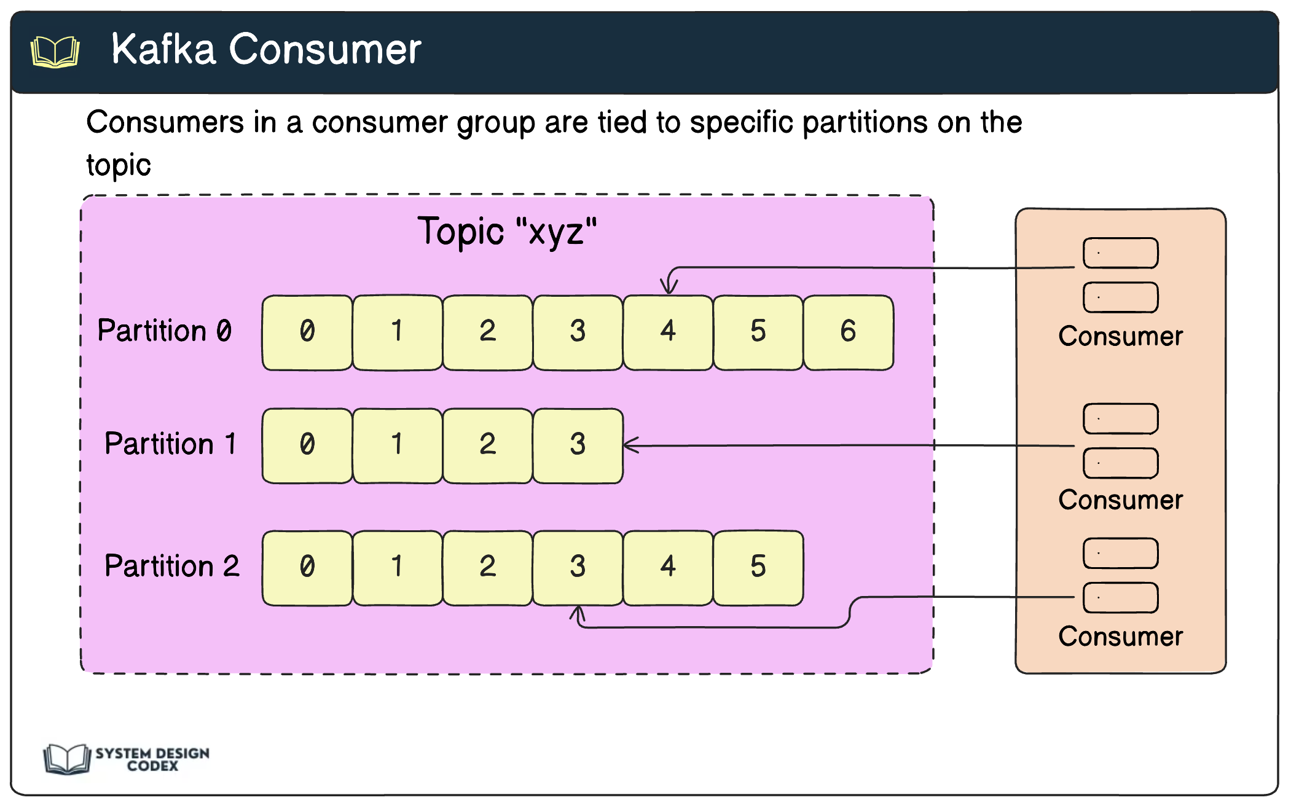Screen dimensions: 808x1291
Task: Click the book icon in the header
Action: tap(55, 52)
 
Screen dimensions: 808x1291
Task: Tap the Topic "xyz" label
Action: tap(506, 232)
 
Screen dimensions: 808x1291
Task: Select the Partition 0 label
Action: tap(165, 331)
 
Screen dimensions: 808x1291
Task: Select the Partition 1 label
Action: tap(170, 444)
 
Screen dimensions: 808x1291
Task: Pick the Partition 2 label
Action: tap(171, 566)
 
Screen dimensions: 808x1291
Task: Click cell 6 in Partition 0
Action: tap(848, 332)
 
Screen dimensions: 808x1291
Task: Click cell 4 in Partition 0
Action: tap(668, 332)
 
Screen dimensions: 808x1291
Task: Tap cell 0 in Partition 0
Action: tap(307, 332)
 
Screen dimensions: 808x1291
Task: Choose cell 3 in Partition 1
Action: tap(578, 445)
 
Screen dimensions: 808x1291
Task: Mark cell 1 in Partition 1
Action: tap(397, 445)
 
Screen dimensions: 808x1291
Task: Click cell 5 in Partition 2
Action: tap(758, 567)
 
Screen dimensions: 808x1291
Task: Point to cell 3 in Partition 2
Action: tap(578, 567)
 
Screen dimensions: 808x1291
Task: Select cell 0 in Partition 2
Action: tap(307, 567)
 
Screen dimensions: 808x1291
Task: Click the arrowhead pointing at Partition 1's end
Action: tap(630, 445)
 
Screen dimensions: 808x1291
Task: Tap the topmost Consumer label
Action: tap(1120, 336)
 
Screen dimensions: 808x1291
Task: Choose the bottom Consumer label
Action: tap(1120, 637)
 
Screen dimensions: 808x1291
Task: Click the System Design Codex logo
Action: tap(127, 759)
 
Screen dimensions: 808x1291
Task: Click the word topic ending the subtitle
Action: tap(119, 165)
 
